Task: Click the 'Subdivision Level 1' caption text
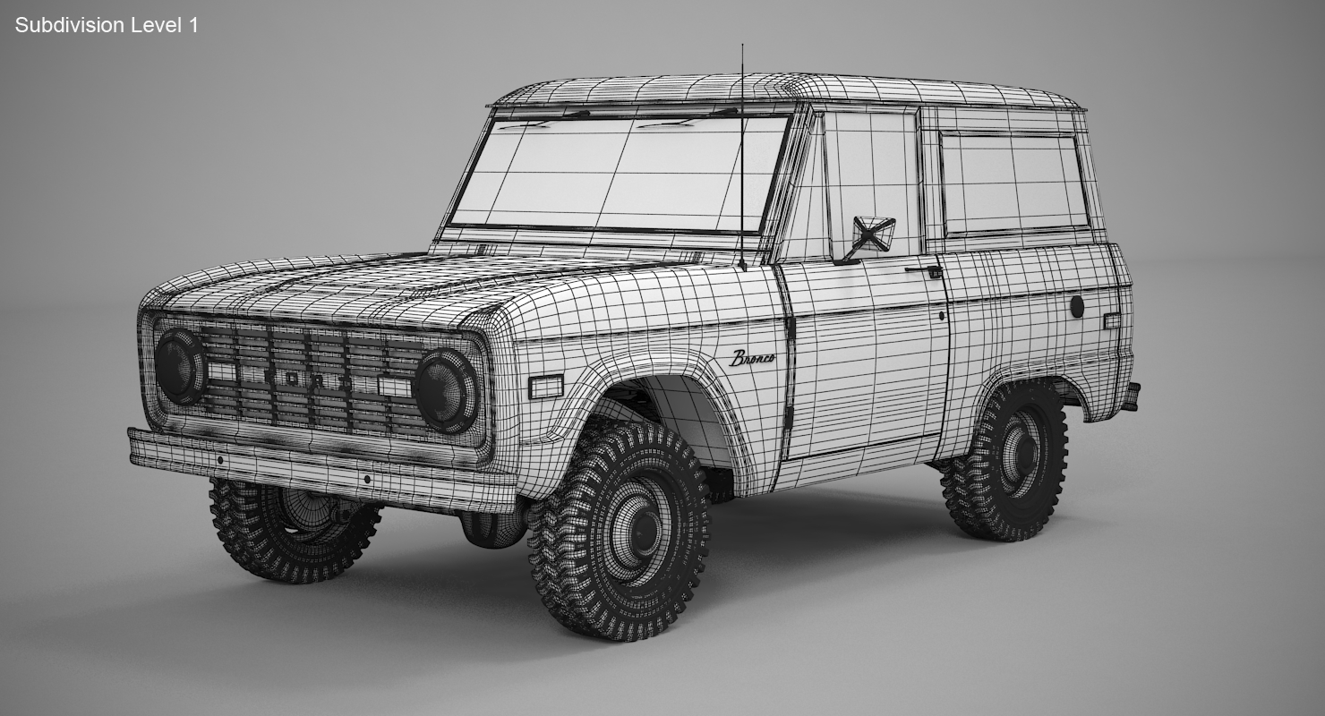click(x=107, y=25)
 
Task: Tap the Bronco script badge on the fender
click(x=753, y=358)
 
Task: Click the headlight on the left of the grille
click(x=180, y=366)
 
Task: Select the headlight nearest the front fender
click(x=446, y=391)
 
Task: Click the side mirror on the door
click(x=872, y=234)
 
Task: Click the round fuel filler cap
click(x=1077, y=306)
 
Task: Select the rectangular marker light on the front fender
click(x=545, y=387)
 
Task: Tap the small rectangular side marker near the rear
click(x=1111, y=320)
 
